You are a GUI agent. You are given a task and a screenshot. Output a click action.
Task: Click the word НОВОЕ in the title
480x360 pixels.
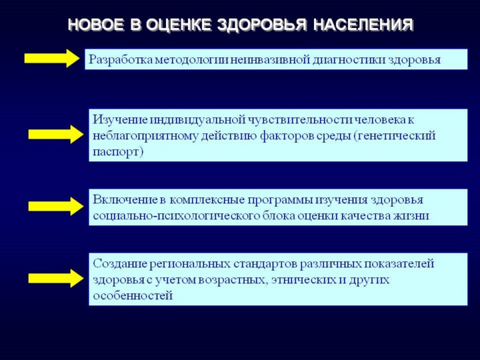pyautogui.click(x=96, y=25)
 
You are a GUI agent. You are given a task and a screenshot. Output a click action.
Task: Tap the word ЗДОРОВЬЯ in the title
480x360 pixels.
pyautogui.click(x=261, y=25)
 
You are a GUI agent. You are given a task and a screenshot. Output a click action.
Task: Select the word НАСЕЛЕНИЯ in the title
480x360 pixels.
pyautogui.click(x=363, y=25)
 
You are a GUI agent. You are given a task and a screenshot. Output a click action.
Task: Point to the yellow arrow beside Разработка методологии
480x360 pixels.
pyautogui.click(x=52, y=58)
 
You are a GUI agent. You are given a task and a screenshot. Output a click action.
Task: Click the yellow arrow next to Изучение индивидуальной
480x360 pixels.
pyautogui.click(x=56, y=134)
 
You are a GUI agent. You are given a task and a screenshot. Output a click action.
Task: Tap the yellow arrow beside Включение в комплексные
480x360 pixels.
pyautogui.click(x=56, y=206)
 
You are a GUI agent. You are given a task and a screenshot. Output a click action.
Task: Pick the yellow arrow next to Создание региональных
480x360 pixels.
pyautogui.click(x=56, y=278)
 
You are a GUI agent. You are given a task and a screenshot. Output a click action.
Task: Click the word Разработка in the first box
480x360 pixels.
pyautogui.click(x=121, y=60)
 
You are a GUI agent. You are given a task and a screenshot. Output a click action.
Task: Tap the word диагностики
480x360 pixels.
pyautogui.click(x=349, y=60)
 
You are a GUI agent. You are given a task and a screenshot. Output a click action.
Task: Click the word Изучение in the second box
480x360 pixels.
pyautogui.click(x=121, y=120)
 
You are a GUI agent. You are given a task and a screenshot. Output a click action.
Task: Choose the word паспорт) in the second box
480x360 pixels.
pyautogui.click(x=118, y=152)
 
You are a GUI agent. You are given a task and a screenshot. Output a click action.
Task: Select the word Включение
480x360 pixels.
pyautogui.click(x=125, y=200)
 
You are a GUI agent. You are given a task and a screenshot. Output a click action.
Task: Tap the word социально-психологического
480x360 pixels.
pyautogui.click(x=176, y=216)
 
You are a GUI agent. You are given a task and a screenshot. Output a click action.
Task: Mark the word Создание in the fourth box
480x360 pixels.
pyautogui.click(x=119, y=264)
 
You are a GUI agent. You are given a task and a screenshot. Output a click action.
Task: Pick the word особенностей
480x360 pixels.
pyautogui.click(x=133, y=296)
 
